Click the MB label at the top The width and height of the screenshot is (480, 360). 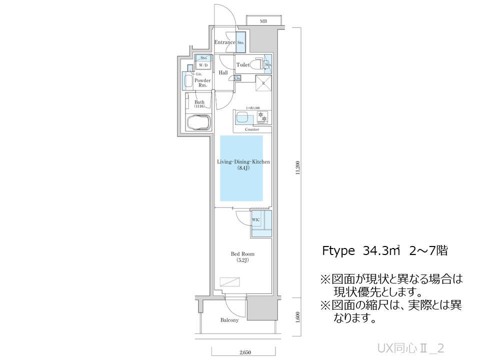(x=263, y=21)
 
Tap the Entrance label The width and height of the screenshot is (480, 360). (x=224, y=42)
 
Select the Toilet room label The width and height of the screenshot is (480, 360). (x=243, y=65)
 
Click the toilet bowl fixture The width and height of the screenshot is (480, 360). (x=257, y=64)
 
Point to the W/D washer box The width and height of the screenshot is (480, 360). (x=203, y=65)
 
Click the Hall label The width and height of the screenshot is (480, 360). (x=223, y=73)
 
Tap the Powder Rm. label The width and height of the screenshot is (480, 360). (x=202, y=82)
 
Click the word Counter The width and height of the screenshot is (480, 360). (x=252, y=129)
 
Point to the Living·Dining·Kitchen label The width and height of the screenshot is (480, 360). (x=243, y=162)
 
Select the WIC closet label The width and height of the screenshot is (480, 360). (x=255, y=219)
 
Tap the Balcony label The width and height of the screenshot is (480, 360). (x=229, y=320)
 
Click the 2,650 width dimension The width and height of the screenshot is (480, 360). (x=245, y=353)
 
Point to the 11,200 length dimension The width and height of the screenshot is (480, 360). (x=298, y=167)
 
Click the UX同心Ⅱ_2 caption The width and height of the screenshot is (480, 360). (x=411, y=347)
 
